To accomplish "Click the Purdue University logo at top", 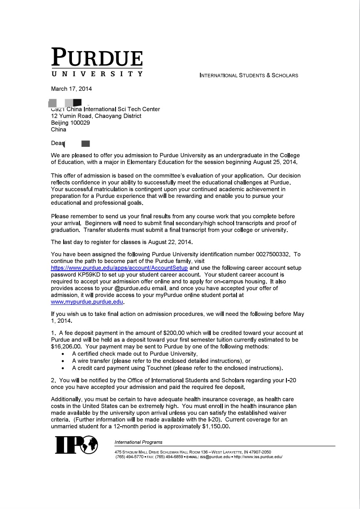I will pyautogui.click(x=97, y=62).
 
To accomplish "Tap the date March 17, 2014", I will pyautogui.click(x=71, y=89).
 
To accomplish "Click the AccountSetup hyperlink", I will pyautogui.click(x=119, y=268).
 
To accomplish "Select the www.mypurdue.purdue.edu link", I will pyautogui.click(x=87, y=302).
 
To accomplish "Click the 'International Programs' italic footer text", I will pyautogui.click(x=138, y=442).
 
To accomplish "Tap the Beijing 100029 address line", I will pyautogui.click(x=70, y=123).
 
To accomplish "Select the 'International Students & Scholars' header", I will pyautogui.click(x=249, y=75).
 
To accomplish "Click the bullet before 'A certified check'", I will pyautogui.click(x=62, y=354).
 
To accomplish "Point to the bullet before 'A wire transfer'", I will pyautogui.click(x=62, y=361).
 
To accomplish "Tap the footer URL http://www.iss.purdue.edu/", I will pyautogui.click(x=258, y=457).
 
